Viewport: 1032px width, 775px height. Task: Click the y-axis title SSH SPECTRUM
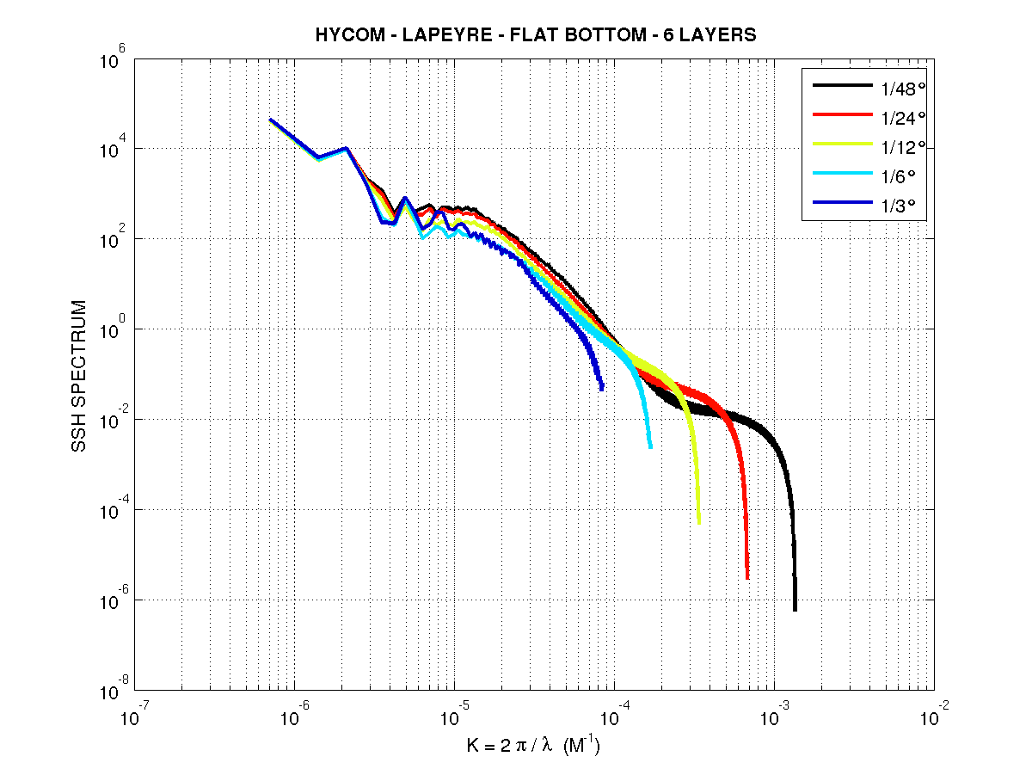[79, 376]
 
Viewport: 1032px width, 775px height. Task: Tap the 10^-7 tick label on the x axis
[132, 717]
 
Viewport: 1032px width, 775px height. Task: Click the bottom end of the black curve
[795, 609]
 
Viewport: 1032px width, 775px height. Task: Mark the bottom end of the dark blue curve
[601, 388]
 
